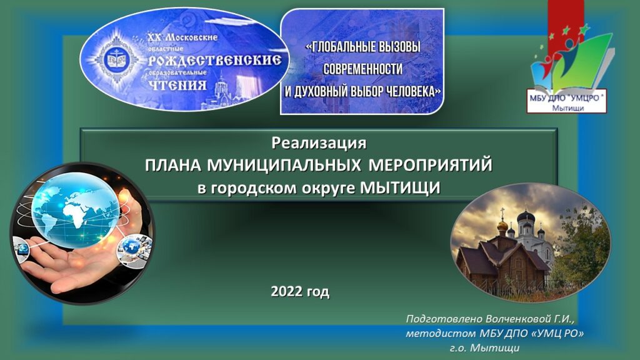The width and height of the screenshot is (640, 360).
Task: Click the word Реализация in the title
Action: [319, 143]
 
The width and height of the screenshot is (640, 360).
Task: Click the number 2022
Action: [287, 291]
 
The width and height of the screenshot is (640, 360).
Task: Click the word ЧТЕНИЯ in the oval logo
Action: [177, 85]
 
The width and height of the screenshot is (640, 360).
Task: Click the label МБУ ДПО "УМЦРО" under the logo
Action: [566, 98]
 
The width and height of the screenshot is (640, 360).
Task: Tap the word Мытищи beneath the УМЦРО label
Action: [567, 108]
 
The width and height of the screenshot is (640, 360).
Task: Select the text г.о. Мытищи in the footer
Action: [485, 348]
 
